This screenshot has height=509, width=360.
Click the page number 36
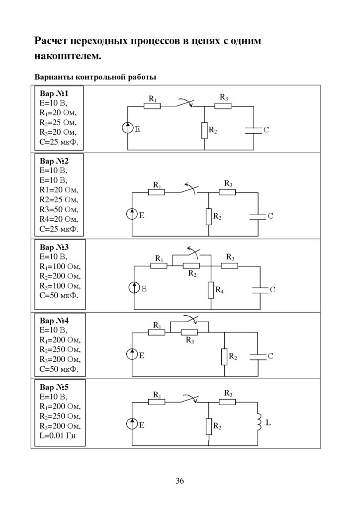[180, 481]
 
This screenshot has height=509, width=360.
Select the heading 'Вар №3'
[54, 247]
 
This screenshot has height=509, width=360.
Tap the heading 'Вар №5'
[54, 388]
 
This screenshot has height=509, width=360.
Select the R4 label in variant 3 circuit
[219, 290]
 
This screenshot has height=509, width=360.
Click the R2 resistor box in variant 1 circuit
[205, 130]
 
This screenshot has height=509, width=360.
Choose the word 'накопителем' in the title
[68, 57]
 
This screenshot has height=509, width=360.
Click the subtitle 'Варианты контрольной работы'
[95, 78]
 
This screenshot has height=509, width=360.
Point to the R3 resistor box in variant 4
[189, 333]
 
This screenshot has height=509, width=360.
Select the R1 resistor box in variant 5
[157, 402]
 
